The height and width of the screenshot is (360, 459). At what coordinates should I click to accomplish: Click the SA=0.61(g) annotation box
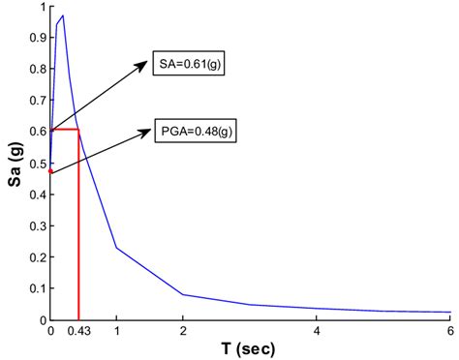coord(192,66)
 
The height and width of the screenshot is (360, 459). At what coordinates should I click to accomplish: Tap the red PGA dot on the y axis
coord(50,171)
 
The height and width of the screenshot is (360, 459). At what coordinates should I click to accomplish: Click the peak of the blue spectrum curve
coord(63,16)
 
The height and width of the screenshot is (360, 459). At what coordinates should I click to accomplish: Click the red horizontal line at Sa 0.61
coord(64,130)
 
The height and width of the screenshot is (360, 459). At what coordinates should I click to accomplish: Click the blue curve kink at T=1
coord(116,248)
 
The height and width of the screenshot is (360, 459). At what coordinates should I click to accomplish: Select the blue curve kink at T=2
coord(183,294)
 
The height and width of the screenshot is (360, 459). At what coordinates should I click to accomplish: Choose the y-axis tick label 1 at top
coord(40,8)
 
